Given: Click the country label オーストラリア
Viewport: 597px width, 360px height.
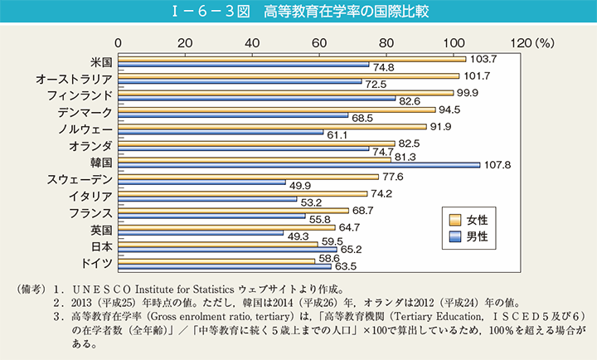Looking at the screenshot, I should pos(73,79).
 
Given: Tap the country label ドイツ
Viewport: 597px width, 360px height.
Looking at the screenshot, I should pos(98,264).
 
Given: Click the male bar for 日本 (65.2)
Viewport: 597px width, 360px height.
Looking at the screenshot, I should pos(228,249).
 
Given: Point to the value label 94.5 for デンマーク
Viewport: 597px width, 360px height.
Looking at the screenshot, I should pos(451,109).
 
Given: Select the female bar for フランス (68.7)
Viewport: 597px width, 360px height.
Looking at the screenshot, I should pos(233,211).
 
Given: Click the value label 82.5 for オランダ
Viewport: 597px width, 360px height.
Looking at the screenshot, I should pos(411,144).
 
